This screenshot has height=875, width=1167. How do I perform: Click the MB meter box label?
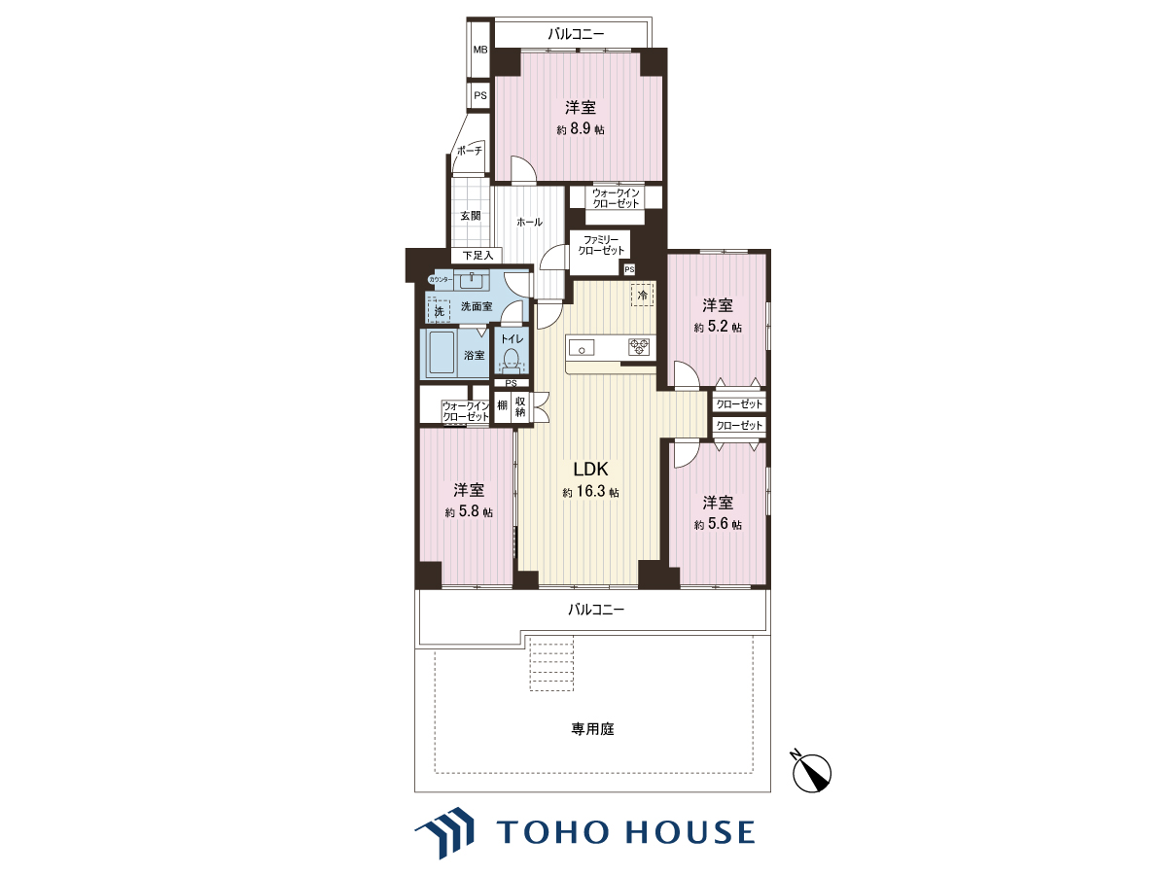[480, 50]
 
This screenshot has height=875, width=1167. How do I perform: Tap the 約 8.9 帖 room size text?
[581, 129]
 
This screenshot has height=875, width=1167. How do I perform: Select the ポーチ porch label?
[470, 151]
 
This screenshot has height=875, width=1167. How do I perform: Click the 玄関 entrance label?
[471, 216]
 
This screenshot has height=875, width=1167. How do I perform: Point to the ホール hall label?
[530, 222]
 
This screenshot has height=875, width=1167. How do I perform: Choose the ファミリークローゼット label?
[601, 245]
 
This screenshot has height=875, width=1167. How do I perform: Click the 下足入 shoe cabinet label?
[477, 256]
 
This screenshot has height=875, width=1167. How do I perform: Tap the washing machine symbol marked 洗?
[440, 311]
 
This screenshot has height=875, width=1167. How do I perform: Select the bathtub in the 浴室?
[442, 354]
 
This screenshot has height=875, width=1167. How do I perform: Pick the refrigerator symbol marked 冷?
[642, 295]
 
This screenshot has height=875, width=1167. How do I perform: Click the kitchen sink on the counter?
[583, 348]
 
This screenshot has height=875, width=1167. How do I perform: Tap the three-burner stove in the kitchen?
[639, 347]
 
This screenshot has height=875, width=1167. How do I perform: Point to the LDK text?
[590, 470]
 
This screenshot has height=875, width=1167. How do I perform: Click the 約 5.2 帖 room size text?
[718, 328]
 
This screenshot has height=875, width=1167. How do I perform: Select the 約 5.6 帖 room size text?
[718, 524]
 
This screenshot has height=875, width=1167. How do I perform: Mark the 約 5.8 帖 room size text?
[469, 511]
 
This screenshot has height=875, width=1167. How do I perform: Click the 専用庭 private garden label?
[593, 729]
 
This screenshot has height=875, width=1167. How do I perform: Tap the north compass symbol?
[811, 773]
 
